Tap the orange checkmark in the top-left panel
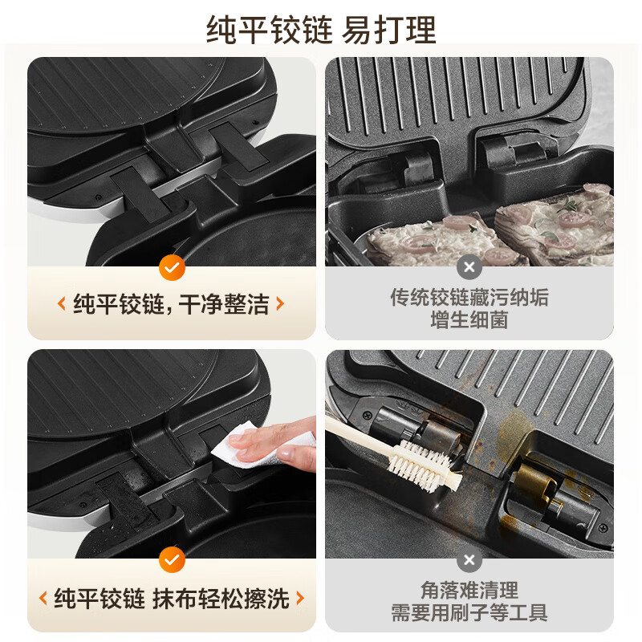(172, 267)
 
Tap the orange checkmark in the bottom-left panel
(172, 559)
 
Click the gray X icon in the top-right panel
(469, 267)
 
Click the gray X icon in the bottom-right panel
(469, 559)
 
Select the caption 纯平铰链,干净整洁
(172, 304)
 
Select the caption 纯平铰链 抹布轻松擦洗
(172, 598)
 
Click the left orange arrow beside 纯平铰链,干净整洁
(61, 304)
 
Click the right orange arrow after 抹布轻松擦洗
(300, 598)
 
